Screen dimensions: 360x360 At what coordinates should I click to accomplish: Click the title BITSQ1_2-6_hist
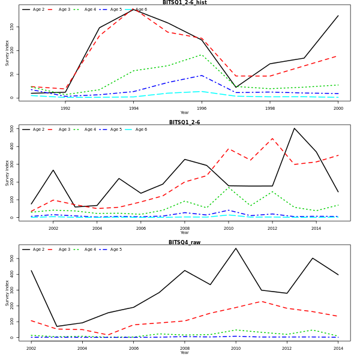(184, 2)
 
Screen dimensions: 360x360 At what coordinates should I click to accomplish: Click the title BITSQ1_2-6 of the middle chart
(184, 122)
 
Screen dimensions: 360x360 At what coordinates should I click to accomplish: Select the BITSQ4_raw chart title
(184, 242)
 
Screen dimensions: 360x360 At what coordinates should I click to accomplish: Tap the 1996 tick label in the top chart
(202, 108)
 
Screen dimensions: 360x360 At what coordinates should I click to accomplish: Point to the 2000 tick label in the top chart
(338, 108)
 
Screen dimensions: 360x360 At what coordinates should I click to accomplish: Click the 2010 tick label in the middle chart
(228, 228)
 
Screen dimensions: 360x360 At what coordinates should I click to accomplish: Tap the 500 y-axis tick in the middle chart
(12, 128)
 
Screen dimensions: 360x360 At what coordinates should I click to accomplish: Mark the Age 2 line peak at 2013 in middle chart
(294, 128)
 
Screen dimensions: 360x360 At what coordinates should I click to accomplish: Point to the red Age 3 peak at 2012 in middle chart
(272, 139)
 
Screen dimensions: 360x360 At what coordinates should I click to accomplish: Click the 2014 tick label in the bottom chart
(338, 348)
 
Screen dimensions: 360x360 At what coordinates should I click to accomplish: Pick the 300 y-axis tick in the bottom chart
(12, 290)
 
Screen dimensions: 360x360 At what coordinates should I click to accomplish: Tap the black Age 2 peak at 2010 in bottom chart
(236, 248)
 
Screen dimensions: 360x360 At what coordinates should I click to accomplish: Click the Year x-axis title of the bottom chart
(184, 353)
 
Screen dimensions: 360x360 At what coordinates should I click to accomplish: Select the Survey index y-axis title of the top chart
(8, 53)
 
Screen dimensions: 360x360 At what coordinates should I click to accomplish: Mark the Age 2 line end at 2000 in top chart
(338, 16)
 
